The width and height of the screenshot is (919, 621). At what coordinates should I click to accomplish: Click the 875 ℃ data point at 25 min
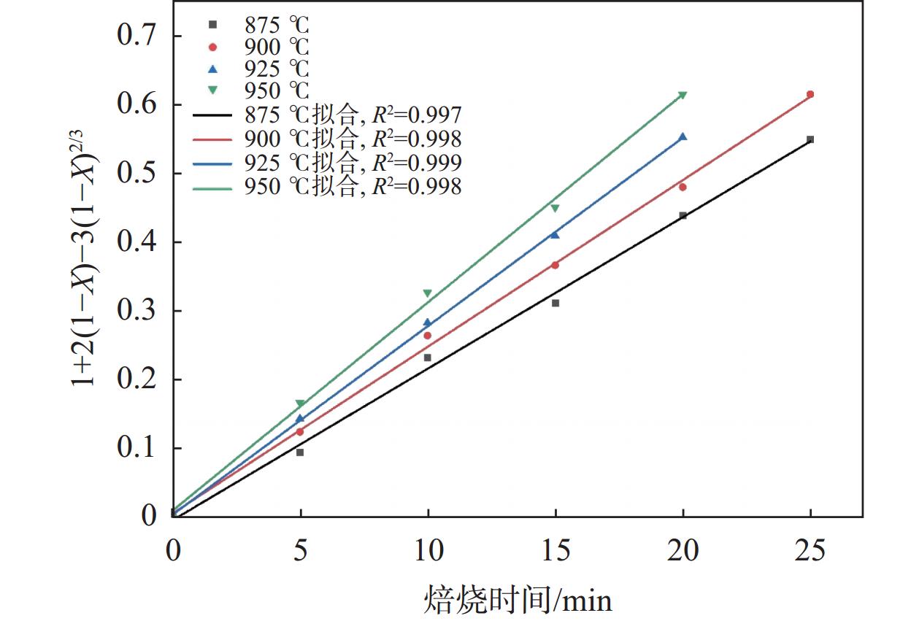tap(810, 139)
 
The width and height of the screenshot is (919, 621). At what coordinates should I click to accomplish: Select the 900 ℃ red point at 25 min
tap(810, 94)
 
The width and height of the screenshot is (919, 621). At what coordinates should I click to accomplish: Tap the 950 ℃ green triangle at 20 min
tap(682, 96)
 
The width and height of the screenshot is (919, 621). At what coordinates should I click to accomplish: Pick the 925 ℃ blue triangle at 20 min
tap(682, 136)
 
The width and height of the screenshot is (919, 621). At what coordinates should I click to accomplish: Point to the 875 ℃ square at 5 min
tap(300, 452)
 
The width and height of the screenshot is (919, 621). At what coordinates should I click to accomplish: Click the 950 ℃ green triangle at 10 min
tap(428, 293)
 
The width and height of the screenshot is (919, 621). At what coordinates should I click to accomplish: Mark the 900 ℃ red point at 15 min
tap(555, 265)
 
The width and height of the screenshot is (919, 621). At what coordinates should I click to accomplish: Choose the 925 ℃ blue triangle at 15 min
tap(555, 234)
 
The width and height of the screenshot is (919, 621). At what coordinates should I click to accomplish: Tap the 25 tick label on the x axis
tap(810, 550)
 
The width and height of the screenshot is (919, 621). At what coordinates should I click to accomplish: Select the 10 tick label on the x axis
tap(428, 550)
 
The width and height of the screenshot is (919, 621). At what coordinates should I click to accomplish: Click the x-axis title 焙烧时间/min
tap(518, 600)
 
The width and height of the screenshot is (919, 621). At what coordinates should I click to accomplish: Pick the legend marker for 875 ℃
tap(213, 25)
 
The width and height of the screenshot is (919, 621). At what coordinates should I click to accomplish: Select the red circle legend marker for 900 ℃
tap(213, 47)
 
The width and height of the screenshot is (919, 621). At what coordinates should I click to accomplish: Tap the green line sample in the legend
tap(213, 188)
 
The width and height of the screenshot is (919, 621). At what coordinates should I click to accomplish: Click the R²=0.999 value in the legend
tap(417, 162)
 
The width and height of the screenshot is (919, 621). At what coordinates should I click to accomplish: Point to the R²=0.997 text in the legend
tap(417, 115)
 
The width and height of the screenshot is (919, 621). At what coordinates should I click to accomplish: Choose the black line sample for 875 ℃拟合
tap(213, 115)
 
